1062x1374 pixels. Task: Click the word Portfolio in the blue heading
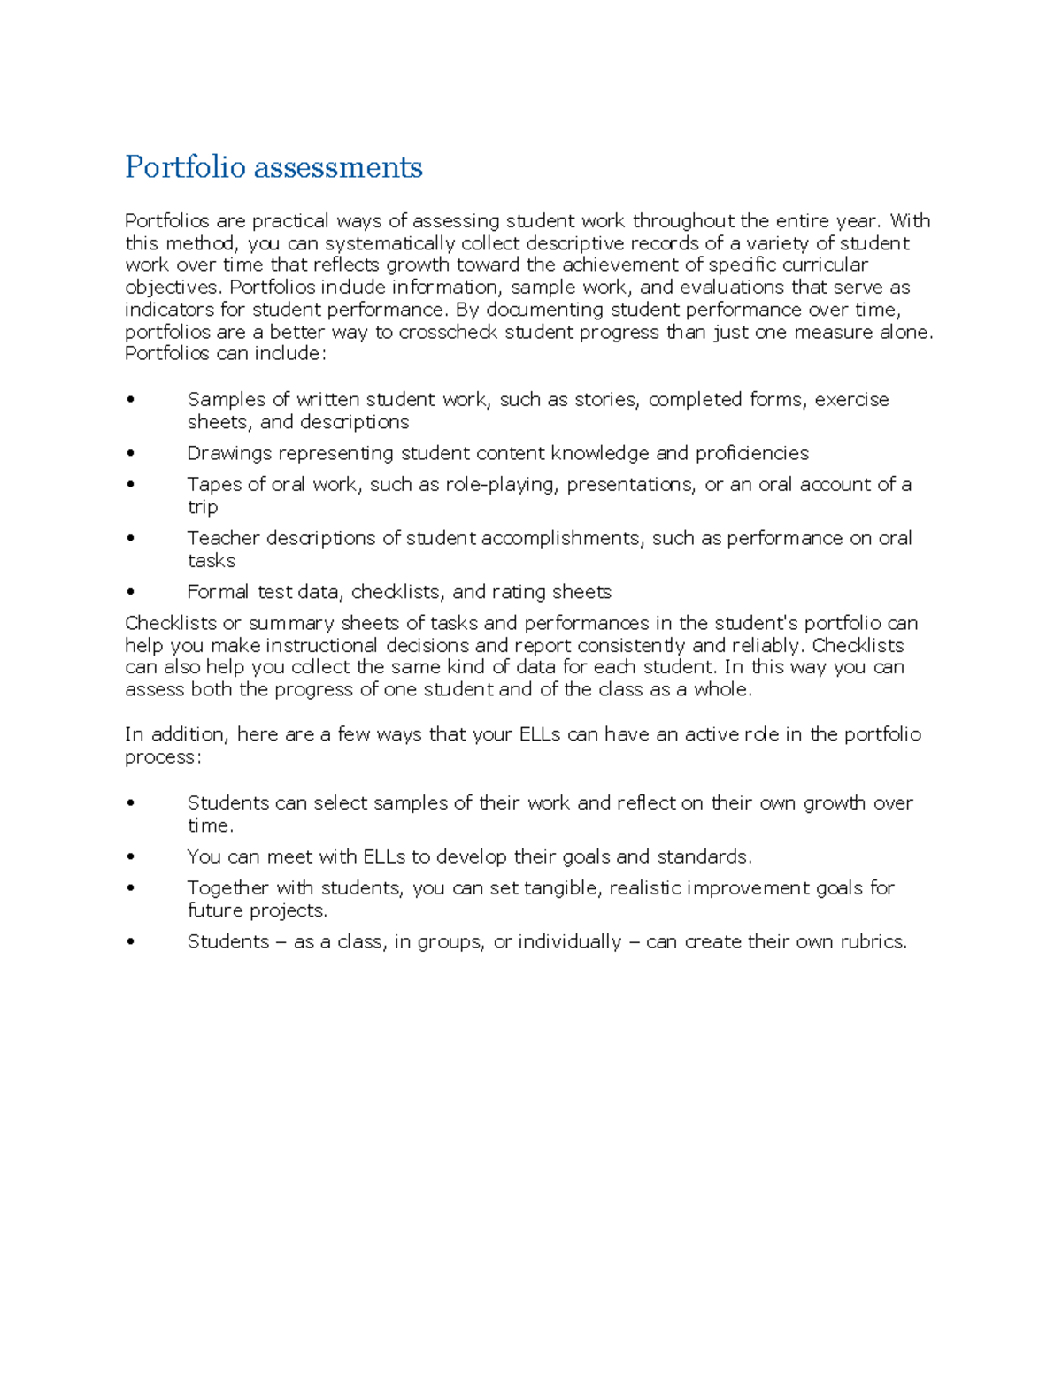click(185, 167)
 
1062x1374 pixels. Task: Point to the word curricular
click(825, 265)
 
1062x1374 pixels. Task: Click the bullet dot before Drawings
click(131, 454)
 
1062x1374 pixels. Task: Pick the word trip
click(202, 507)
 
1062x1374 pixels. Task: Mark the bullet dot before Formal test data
click(131, 592)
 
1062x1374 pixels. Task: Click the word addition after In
click(189, 734)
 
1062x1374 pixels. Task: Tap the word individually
click(570, 941)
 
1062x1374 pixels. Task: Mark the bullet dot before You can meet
click(131, 857)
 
